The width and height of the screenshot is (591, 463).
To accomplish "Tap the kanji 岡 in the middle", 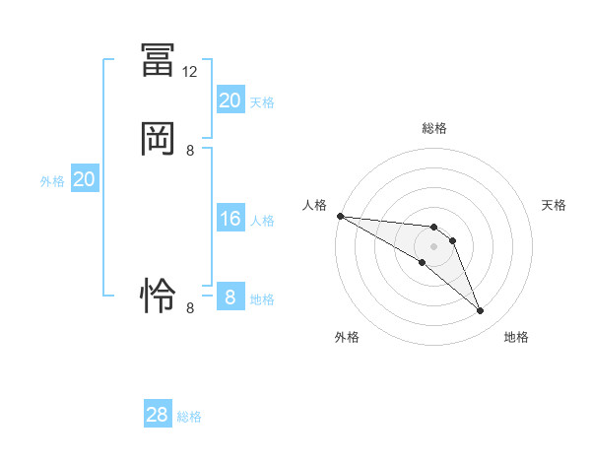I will pos(159,139).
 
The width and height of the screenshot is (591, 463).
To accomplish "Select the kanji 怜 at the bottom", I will pos(159,295).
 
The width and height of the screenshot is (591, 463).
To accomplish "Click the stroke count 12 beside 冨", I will pos(190,72).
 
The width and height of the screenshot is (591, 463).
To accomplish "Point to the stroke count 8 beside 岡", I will pos(190,151).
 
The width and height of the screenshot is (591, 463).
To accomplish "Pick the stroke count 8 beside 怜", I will pos(190,307).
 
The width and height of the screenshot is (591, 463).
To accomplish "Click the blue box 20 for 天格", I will pos(230,100).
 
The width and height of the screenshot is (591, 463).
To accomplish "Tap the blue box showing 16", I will pos(230,219).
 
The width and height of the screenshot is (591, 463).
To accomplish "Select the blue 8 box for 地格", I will pos(230,298).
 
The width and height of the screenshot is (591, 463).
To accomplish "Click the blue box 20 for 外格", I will pos(85,179).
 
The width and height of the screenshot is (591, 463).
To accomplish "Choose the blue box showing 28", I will pos(158,415).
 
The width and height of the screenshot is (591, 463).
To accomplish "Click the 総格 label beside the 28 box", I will pos(189,417).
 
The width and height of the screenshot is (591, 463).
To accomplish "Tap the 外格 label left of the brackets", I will pos(52,181).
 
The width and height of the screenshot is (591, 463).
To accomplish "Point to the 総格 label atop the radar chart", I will pos(434,128).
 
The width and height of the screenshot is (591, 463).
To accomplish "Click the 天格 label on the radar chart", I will pos(555,205).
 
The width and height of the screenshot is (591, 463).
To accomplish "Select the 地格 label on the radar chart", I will pos(516,337).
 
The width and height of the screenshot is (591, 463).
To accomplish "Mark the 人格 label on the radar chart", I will pos(314,205).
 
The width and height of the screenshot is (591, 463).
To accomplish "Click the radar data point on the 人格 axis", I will pos(340,216).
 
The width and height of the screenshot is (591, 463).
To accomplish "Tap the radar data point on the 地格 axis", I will pos(480,311).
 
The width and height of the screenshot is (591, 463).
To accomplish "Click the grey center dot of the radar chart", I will pos(434,246).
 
